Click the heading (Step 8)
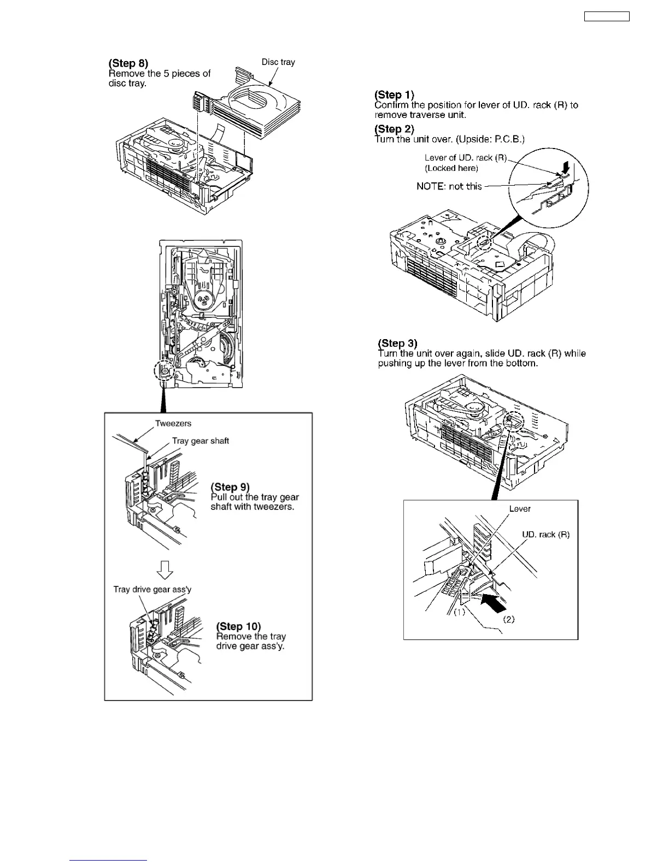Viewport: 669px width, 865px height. (x=128, y=63)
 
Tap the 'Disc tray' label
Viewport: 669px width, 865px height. (x=278, y=62)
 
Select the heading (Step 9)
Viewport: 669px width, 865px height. (x=230, y=487)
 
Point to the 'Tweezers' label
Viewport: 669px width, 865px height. (x=173, y=423)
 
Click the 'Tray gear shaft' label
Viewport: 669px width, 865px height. (x=201, y=441)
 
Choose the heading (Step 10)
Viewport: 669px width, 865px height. (x=238, y=626)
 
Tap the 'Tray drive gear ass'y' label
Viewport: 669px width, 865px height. (x=152, y=589)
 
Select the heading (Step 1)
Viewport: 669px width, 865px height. (x=394, y=95)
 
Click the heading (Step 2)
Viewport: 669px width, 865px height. (x=394, y=129)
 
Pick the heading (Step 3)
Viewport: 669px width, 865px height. (x=397, y=343)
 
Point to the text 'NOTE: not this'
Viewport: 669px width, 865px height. (x=449, y=186)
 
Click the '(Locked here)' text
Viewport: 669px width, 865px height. (x=451, y=168)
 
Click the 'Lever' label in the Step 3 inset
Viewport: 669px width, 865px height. (x=520, y=508)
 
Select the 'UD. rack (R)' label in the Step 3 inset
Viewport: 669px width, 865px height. (x=545, y=535)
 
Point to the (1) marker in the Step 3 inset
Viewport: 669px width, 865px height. (x=459, y=612)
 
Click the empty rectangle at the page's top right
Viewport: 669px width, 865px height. (x=607, y=16)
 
